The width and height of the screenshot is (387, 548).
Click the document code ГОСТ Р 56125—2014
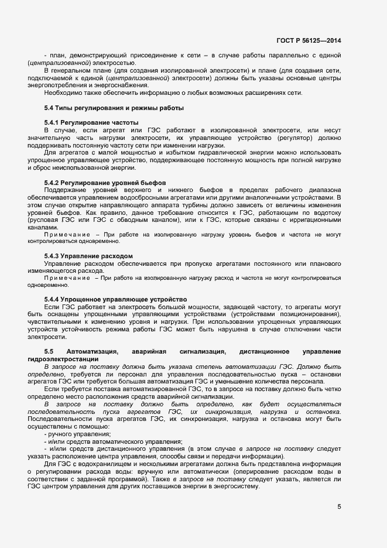click(309, 40)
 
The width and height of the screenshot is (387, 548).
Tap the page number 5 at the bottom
click(339, 507)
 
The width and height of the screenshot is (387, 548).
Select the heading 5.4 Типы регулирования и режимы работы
click(114, 108)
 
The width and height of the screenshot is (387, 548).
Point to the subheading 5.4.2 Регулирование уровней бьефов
click(105, 183)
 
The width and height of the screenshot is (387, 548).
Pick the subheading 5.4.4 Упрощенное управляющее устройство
click(115, 299)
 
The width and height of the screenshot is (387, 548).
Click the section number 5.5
click(49, 351)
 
